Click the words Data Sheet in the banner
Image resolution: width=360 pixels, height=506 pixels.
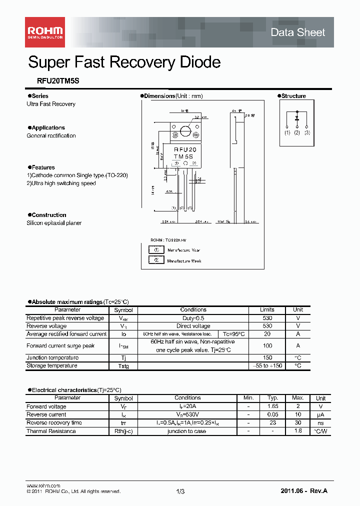coord(297,32)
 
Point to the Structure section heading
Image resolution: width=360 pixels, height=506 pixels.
coord(293,96)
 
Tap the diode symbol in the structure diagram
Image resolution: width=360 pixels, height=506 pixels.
coord(297,118)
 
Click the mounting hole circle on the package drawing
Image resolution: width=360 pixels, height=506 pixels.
coord(186,132)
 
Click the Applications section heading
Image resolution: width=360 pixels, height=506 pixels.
coord(48,127)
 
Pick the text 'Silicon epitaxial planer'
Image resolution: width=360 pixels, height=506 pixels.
coord(54,223)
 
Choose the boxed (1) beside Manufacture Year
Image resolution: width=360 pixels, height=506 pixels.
coord(156,250)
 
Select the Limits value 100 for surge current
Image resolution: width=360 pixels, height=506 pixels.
coord(267,346)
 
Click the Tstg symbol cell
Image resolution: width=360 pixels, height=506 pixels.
coord(123,366)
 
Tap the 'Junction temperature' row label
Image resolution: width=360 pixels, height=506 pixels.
coord(52,358)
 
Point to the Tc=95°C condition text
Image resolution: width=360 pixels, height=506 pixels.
coord(234,334)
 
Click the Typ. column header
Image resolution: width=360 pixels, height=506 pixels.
coord(272,398)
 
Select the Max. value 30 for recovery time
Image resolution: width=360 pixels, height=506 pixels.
coord(297,423)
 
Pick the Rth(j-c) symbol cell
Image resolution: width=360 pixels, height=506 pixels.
coord(123,431)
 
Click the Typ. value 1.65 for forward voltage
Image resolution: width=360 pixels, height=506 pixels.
coord(272,406)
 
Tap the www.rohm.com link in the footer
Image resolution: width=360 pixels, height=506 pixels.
coord(43,485)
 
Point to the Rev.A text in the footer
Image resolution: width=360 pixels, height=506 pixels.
coord(318,491)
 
